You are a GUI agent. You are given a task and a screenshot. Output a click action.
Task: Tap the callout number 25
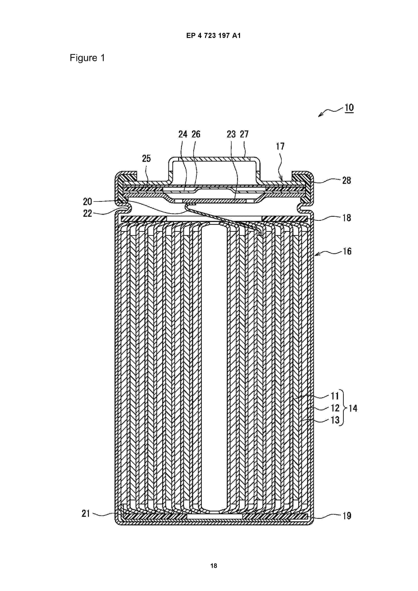pos(146,158)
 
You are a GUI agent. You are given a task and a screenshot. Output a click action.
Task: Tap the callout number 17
pos(280,146)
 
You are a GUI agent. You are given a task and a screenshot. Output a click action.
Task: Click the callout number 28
pos(346,180)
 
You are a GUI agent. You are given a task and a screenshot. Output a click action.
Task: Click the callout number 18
pos(346,218)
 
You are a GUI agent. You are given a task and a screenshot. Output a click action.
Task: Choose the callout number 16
pos(347,251)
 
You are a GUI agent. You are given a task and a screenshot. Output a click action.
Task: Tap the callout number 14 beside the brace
pos(353,408)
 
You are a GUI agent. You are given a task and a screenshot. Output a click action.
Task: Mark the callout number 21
pos(86,514)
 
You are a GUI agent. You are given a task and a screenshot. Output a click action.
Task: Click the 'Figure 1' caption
pos(87,58)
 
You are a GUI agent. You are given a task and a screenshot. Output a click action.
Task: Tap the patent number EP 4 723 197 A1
pos(214,36)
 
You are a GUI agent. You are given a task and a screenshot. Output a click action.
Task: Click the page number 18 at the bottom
pos(214,566)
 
